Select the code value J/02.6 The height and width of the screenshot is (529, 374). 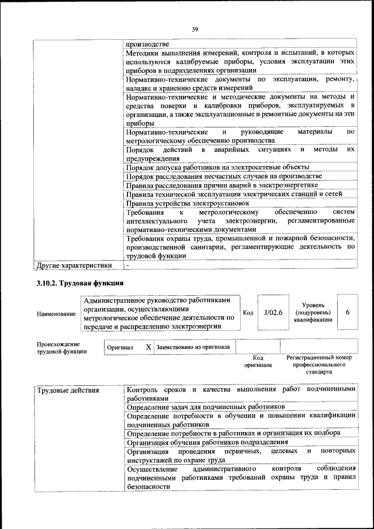coord(273,313)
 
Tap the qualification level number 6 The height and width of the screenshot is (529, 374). coord(347,312)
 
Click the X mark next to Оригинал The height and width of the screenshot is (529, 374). coord(148,347)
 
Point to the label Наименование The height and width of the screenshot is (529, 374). coord(56,314)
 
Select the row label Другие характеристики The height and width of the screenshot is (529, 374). coord(74,265)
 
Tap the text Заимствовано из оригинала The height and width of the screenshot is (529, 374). coord(193,347)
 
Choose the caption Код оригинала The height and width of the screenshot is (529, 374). coord(258,361)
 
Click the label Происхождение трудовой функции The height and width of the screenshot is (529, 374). coord(62,348)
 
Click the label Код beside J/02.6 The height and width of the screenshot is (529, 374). coord(247,313)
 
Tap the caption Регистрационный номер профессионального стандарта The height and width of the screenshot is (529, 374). coord(318,364)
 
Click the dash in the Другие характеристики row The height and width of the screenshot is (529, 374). coord(127,265)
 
